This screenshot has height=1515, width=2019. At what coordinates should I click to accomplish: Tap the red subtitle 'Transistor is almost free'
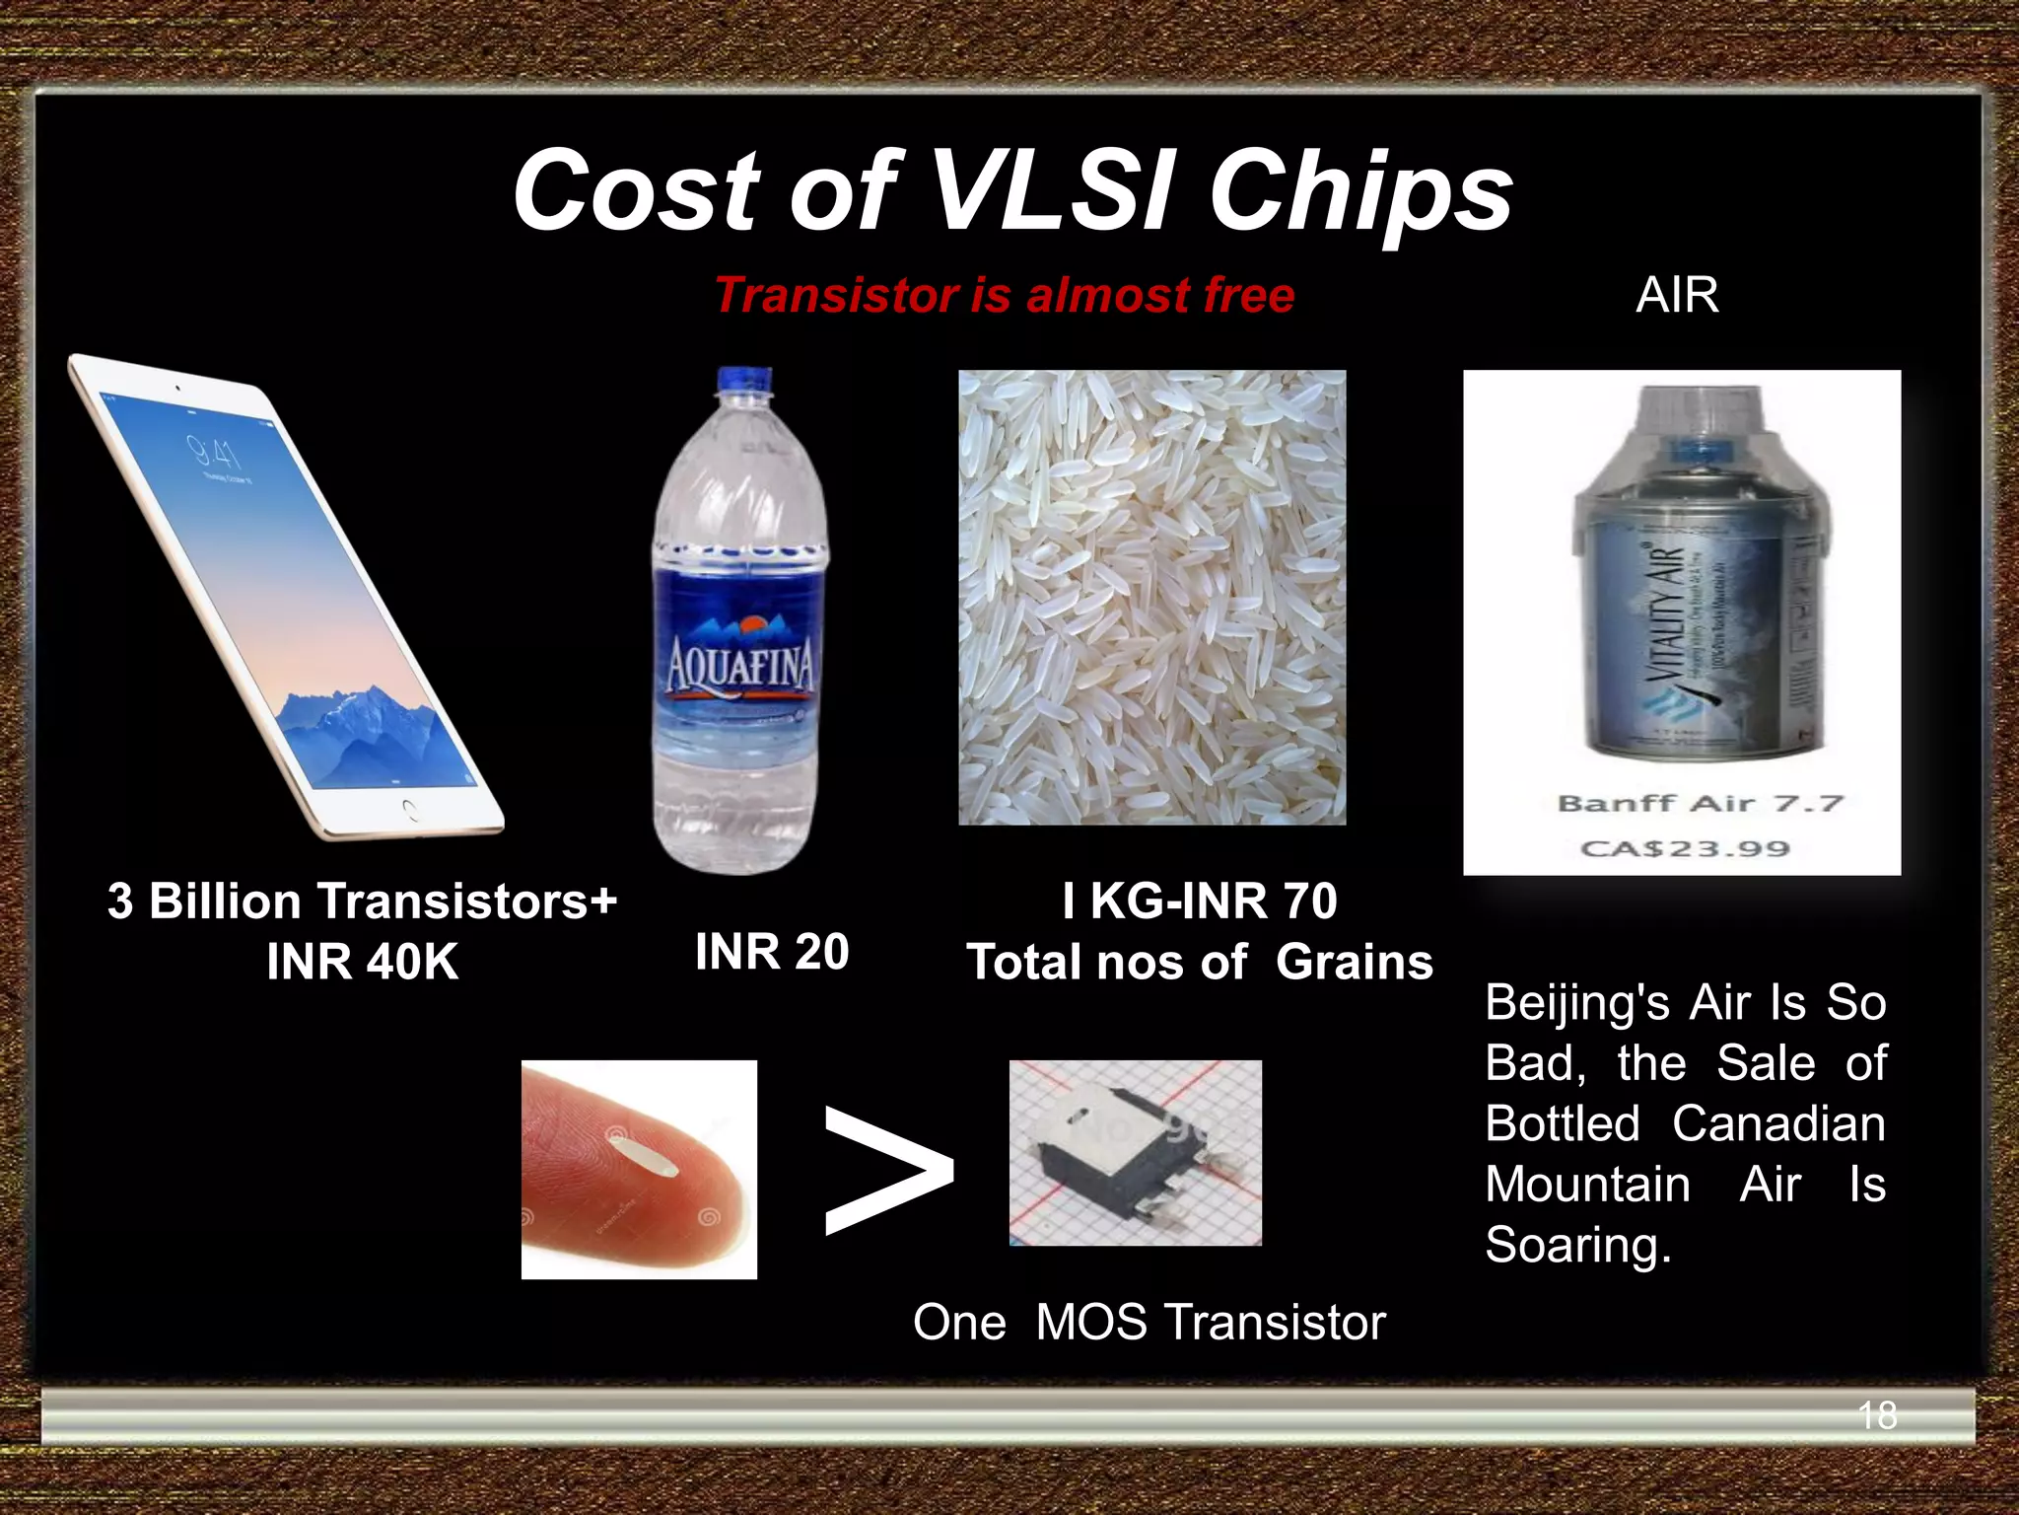pyautogui.click(x=1004, y=295)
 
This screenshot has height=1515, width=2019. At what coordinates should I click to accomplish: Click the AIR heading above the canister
pyautogui.click(x=1677, y=295)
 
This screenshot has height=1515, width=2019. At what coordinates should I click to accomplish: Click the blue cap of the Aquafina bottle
pyautogui.click(x=744, y=380)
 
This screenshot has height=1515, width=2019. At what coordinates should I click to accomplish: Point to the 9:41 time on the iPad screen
pyautogui.click(x=215, y=453)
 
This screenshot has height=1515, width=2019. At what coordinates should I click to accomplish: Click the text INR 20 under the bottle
pyautogui.click(x=772, y=952)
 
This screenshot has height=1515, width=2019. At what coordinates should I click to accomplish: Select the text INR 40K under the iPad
pyautogui.click(x=362, y=962)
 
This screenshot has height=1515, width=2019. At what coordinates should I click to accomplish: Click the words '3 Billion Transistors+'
pyautogui.click(x=362, y=901)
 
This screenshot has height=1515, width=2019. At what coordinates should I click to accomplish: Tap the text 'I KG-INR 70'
pyautogui.click(x=1200, y=901)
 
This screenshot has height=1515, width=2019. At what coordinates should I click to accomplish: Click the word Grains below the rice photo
pyautogui.click(x=1354, y=962)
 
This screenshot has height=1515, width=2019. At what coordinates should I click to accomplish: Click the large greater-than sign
pyautogui.click(x=887, y=1171)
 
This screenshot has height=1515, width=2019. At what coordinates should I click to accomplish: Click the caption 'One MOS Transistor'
pyautogui.click(x=1149, y=1322)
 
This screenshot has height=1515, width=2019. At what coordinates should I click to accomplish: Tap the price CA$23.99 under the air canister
pyautogui.click(x=1685, y=848)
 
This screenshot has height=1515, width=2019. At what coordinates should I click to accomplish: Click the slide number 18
pyautogui.click(x=1876, y=1415)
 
